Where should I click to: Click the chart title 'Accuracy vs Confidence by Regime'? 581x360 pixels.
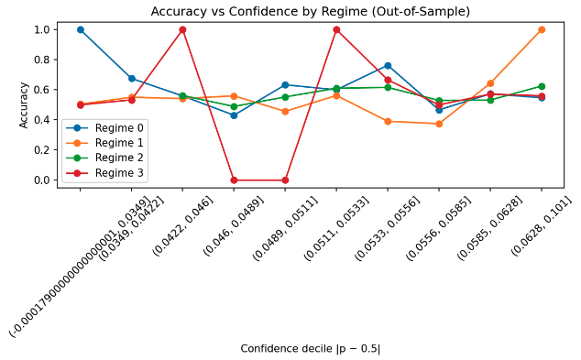click(x=310, y=12)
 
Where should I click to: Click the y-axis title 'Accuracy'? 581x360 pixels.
click(x=24, y=104)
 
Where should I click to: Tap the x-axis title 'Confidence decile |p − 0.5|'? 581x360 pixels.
click(x=310, y=349)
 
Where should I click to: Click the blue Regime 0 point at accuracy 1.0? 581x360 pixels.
click(x=80, y=29)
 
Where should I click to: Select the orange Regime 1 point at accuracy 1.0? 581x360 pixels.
click(x=542, y=29)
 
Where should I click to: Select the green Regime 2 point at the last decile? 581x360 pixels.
click(x=542, y=86)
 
